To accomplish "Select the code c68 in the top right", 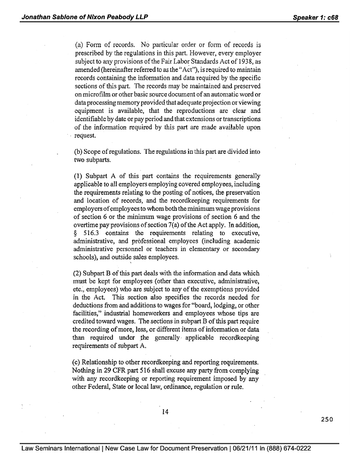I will point(332,17).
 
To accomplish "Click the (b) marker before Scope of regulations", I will point(79,152).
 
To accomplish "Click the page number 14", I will point(166,412).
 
